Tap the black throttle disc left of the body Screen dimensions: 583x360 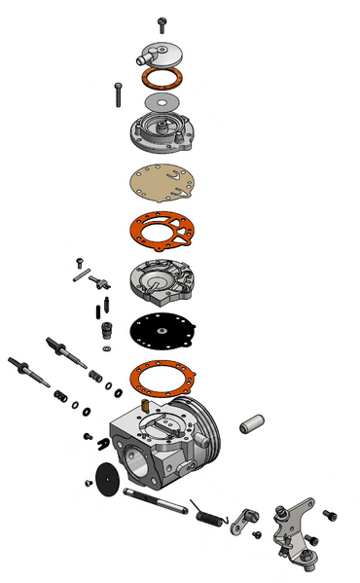point(105,479)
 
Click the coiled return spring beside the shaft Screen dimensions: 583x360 point(207,513)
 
